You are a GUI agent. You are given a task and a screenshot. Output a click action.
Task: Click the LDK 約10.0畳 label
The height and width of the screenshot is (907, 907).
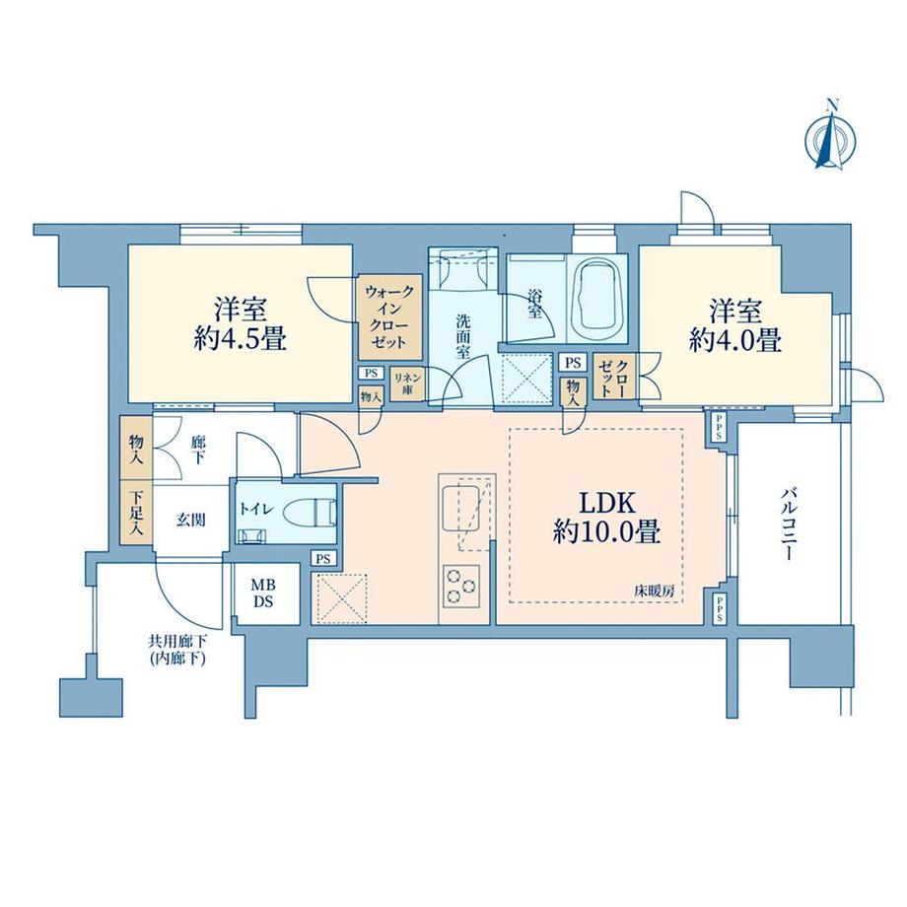[605, 519]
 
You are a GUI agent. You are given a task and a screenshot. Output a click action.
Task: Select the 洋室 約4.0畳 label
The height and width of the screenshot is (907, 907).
[735, 325]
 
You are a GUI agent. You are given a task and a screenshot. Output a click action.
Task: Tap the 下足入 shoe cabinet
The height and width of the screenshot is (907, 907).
[134, 514]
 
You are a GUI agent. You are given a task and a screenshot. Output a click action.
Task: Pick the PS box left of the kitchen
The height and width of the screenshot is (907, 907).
[322, 558]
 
